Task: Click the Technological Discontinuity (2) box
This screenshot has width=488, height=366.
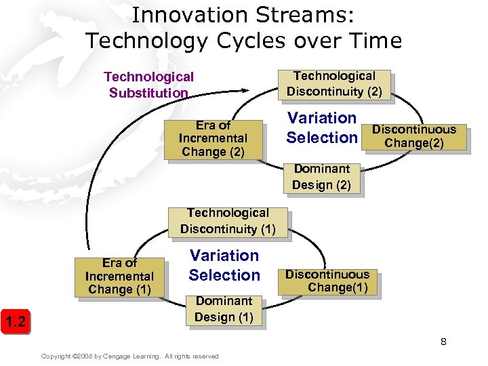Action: pos(334,84)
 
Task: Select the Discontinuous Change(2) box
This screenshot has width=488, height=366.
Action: pos(414,136)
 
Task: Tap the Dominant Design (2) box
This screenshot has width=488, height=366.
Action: pos(321,177)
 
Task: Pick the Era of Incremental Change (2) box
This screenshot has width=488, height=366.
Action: pos(213,139)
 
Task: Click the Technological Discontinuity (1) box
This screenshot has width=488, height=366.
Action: pos(228,222)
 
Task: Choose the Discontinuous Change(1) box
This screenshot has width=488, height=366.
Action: pos(327,281)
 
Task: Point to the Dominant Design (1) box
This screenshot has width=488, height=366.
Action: pos(224,309)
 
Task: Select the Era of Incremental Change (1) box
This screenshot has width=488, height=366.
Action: pos(119,277)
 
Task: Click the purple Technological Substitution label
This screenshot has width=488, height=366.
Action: pos(148,85)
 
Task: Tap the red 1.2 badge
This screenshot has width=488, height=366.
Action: pos(16,321)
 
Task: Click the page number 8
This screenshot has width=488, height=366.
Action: pos(443,342)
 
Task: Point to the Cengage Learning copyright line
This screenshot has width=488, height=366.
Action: pos(129,357)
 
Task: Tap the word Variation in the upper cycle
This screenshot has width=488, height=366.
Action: pos(322,118)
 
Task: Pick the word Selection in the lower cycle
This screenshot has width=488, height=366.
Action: pos(224,275)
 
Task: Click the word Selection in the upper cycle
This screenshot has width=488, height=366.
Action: pos(322,138)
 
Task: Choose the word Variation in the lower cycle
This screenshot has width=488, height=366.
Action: pos(224,256)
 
